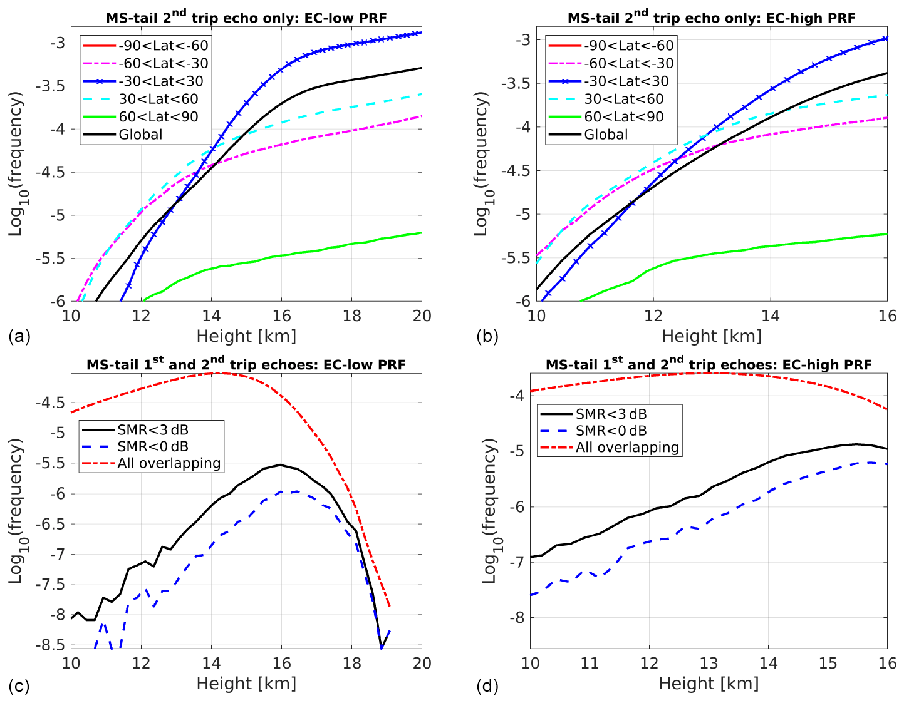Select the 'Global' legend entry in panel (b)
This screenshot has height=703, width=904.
click(606, 135)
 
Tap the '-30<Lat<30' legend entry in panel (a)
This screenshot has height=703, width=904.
click(161, 81)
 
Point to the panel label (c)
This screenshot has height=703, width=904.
click(19, 686)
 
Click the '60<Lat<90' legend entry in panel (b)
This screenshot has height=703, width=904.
click(624, 116)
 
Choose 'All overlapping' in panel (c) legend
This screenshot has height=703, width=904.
click(169, 463)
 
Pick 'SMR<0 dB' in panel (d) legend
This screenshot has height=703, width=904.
click(611, 431)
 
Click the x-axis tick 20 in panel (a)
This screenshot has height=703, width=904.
click(422, 316)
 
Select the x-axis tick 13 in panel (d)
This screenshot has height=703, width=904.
click(709, 663)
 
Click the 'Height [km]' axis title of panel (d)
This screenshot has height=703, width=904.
click(709, 684)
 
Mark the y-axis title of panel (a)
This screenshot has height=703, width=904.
click(16, 163)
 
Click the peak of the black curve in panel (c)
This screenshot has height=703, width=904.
click(281, 465)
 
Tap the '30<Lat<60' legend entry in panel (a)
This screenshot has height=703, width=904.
click(158, 99)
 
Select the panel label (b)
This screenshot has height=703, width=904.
click(487, 336)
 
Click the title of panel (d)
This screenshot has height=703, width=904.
click(708, 364)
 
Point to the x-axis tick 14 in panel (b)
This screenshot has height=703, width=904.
click(770, 316)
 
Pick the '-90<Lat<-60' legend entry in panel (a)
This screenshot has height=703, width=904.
click(164, 45)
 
